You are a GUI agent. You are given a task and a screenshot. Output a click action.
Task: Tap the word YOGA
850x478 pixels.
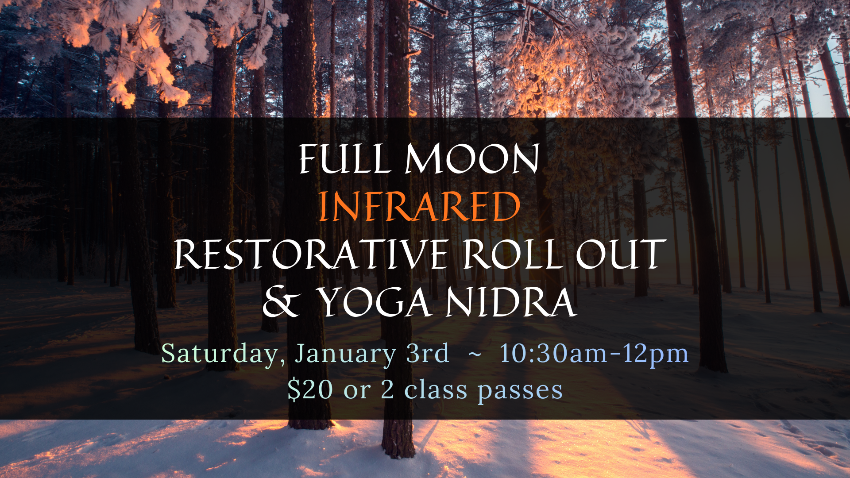tap(375, 303)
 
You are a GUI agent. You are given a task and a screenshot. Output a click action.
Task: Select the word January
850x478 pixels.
tap(345, 354)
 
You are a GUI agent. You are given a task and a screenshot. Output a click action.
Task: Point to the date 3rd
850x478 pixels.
tap(427, 353)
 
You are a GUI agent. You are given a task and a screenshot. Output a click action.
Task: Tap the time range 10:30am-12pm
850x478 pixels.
tap(594, 354)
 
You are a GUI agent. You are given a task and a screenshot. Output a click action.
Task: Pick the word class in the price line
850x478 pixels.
tap(436, 389)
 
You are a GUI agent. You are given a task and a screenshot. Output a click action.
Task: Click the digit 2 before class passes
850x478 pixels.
tap(387, 390)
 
